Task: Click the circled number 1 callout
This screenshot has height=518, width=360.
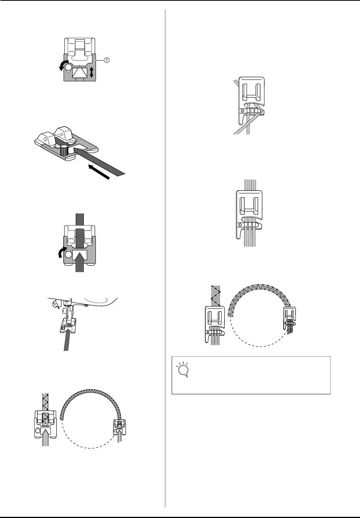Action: click(x=106, y=60)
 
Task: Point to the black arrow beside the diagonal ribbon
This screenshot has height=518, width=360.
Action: click(x=99, y=172)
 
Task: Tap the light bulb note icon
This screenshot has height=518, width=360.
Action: click(x=182, y=369)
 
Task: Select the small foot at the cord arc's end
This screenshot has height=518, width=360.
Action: click(x=289, y=318)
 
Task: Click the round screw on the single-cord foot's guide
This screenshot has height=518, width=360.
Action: click(x=243, y=111)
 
